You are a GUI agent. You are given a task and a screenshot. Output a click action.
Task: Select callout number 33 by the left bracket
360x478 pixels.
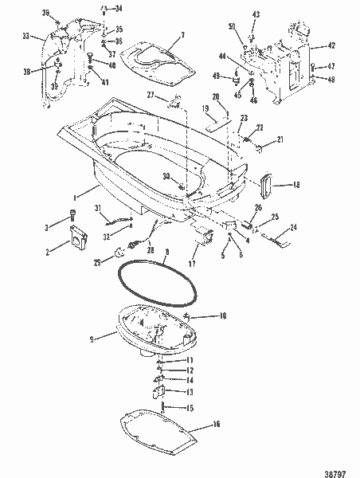click(x=25, y=36)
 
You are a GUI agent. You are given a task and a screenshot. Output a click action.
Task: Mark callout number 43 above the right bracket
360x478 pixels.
click(x=256, y=14)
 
